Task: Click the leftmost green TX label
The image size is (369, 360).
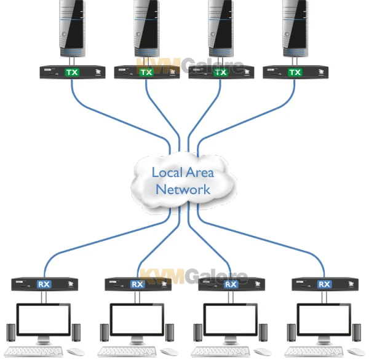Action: [72, 72]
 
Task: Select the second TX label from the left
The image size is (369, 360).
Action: [146, 72]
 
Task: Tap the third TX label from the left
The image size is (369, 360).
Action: [221, 72]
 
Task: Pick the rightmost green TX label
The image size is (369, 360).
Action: [295, 72]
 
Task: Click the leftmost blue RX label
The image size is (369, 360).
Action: [44, 284]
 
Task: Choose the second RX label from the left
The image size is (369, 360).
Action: [137, 284]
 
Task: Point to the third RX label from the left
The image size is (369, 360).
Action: [231, 284]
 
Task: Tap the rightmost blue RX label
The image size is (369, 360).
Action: [324, 284]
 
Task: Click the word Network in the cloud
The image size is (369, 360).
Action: [183, 189]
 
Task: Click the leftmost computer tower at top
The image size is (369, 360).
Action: [72, 28]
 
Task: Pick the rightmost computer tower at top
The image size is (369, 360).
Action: [295, 28]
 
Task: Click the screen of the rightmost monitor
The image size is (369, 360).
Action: [324, 320]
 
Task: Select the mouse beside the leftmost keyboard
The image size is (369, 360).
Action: [76, 352]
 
